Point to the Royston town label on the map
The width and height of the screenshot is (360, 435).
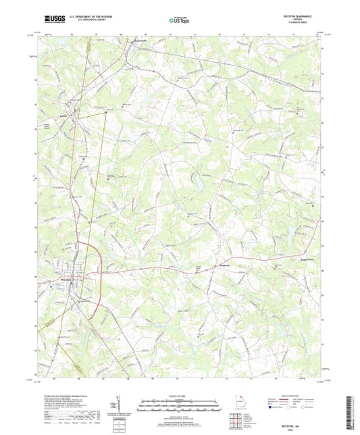coord(63,276)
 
